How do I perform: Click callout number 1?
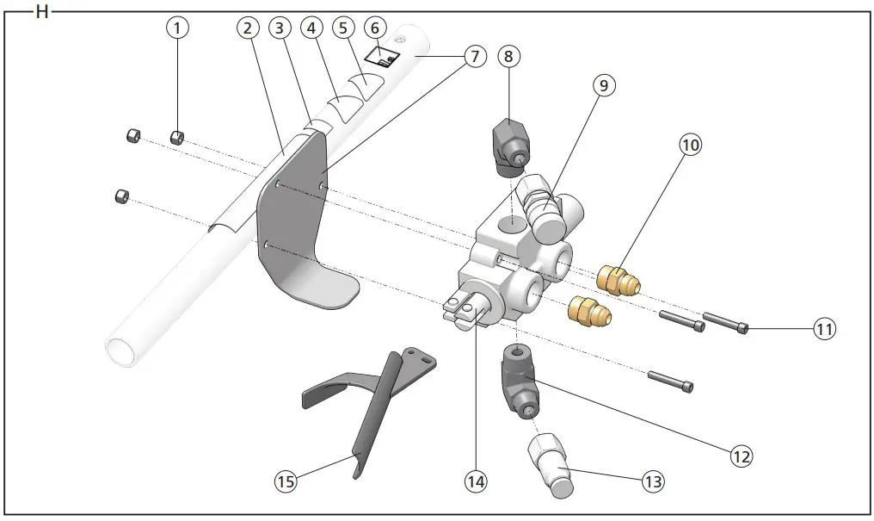pyautogui.click(x=177, y=28)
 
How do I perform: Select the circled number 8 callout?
pyautogui.click(x=509, y=57)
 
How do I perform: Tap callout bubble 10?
pyautogui.click(x=690, y=145)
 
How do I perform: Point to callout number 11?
pyautogui.click(x=825, y=328)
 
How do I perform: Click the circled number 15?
pyautogui.click(x=286, y=481)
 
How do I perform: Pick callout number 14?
pyautogui.click(x=476, y=481)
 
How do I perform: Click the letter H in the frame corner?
pyautogui.click(x=40, y=12)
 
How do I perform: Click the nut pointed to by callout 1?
pyautogui.click(x=178, y=136)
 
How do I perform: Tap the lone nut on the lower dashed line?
pyautogui.click(x=122, y=197)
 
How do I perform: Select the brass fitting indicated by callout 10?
pyautogui.click(x=616, y=278)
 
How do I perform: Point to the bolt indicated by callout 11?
pyautogui.click(x=725, y=323)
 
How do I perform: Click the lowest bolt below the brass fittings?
pyautogui.click(x=670, y=380)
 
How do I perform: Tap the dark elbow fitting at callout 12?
pyautogui.click(x=520, y=383)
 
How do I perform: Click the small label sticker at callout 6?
pyautogui.click(x=381, y=57)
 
